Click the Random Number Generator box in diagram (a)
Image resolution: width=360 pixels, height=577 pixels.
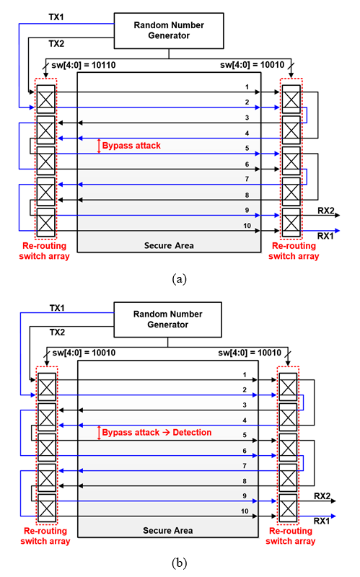point(169,30)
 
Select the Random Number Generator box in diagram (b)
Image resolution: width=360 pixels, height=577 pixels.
point(167,320)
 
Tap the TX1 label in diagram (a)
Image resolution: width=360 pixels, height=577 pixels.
point(56,17)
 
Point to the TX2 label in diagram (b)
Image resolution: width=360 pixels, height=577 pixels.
point(57,332)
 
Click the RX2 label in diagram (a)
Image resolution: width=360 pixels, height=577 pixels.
point(326,211)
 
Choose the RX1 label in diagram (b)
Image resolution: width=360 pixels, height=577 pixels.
point(322,521)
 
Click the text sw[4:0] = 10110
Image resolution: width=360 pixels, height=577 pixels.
point(83,65)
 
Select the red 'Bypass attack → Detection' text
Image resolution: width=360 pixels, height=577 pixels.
point(157,432)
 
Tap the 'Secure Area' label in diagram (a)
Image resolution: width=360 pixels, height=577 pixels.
point(169,245)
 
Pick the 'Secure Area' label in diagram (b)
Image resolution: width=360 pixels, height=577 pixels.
point(167,530)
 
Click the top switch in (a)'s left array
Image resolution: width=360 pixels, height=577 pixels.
point(46,100)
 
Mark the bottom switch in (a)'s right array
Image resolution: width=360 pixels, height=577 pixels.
point(291,223)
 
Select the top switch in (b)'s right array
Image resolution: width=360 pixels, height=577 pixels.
point(288,387)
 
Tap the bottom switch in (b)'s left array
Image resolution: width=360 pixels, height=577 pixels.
point(47,508)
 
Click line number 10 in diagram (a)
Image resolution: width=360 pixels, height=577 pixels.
point(247,226)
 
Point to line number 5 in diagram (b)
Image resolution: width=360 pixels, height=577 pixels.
point(245,435)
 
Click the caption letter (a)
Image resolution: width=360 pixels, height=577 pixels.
point(179,279)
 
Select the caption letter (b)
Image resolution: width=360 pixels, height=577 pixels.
point(179,563)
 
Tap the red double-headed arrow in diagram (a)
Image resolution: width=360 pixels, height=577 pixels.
point(99,146)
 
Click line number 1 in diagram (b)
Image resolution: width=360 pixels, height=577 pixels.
point(245,374)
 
